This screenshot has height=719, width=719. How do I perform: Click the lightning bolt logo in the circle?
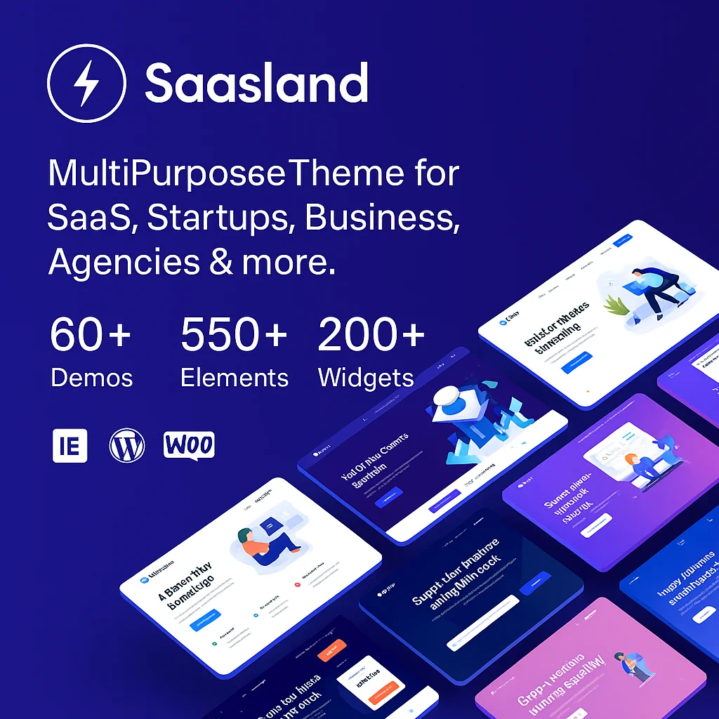pos(86,84)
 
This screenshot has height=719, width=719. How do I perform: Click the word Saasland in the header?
pos(256,84)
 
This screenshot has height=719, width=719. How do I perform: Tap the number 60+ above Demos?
pos(91,335)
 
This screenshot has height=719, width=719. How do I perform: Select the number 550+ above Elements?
pos(234,335)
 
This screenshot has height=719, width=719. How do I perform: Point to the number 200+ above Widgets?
pos(371,335)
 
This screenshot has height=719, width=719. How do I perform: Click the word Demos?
pos(91,378)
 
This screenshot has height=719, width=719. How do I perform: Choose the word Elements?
pos(235,378)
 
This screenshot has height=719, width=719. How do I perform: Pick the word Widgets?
pos(366,378)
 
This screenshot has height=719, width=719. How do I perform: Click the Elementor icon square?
pos(70,445)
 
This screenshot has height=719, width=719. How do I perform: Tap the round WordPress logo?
pos(127,445)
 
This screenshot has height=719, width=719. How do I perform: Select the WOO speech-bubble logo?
pos(189,445)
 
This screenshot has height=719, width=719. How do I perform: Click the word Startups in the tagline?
pos(219,218)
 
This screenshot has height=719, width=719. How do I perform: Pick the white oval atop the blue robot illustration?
pos(447,397)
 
